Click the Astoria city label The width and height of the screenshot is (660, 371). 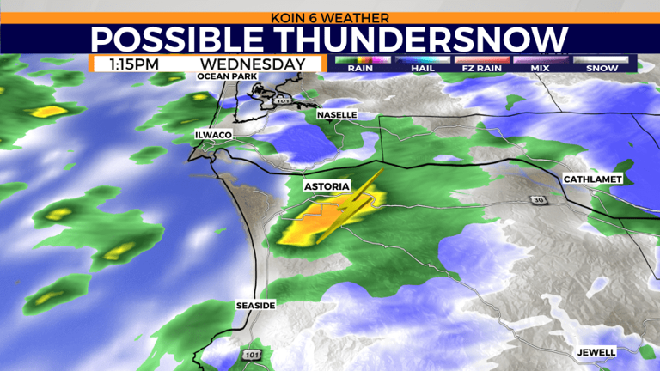click(x=325, y=185)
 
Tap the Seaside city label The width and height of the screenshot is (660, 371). click(x=255, y=306)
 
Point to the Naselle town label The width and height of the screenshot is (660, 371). click(x=336, y=114)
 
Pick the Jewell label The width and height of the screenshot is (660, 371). click(x=596, y=352)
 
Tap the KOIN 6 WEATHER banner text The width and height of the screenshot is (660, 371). click(x=330, y=17)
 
